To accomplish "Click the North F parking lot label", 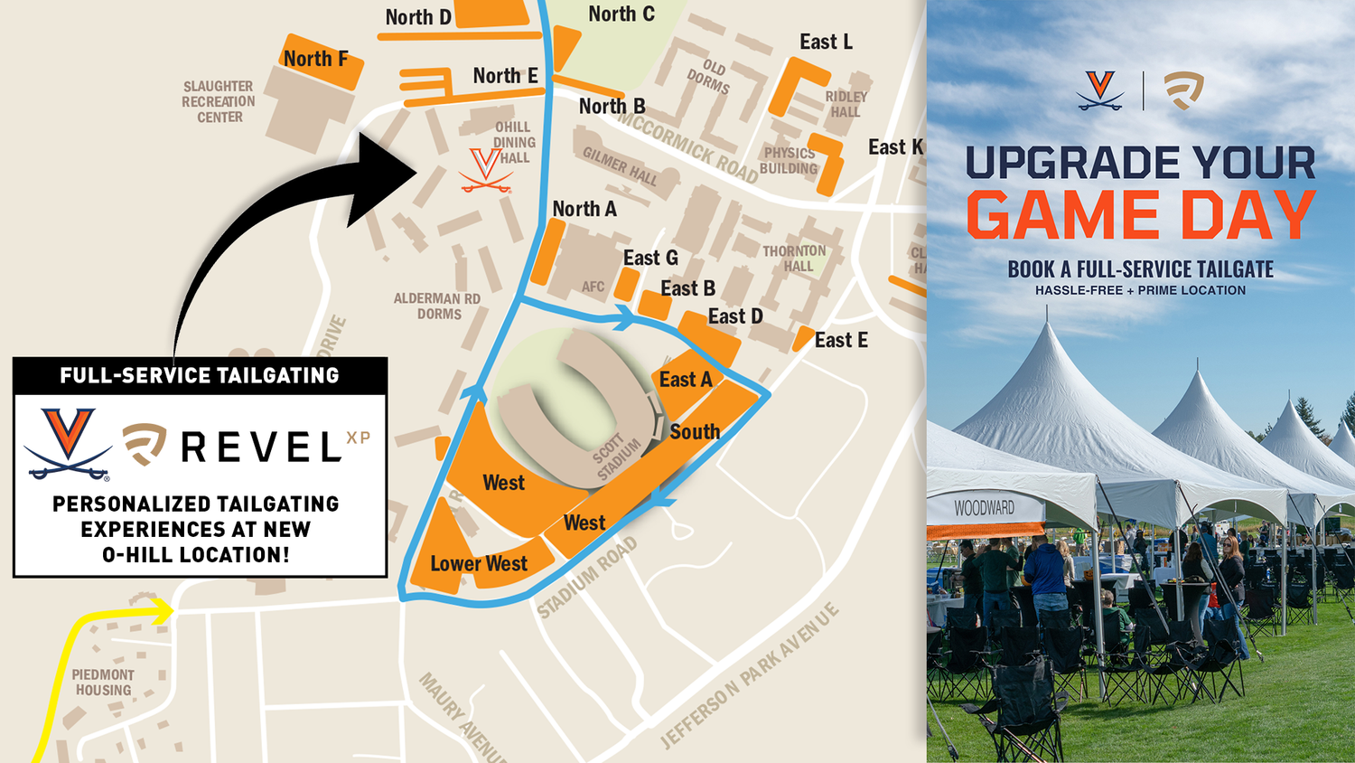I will (315, 59).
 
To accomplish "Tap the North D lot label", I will (417, 17).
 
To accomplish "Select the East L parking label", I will (826, 42).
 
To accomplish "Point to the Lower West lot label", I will (478, 563).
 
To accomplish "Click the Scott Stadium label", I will (617, 457).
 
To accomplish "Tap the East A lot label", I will (685, 380).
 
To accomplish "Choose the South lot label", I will (694, 432).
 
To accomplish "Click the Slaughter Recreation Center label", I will (219, 101).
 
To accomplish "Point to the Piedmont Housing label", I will (103, 683).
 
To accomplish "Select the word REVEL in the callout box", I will (261, 447).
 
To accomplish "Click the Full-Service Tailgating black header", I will (200, 375).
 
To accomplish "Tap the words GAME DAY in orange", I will (1140, 216).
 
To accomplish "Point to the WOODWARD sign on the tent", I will (984, 508).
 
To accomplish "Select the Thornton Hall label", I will (794, 259).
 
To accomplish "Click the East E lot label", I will (840, 340).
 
